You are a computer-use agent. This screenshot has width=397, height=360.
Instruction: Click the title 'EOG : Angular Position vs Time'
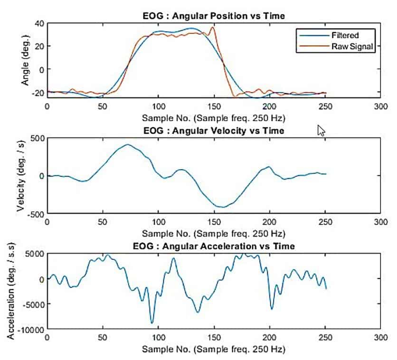214,16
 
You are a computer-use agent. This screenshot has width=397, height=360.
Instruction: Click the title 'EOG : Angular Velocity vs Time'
214,131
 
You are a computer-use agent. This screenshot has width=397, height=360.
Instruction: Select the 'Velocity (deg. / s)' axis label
21,176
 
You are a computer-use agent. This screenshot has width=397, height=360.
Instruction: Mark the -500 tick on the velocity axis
34,214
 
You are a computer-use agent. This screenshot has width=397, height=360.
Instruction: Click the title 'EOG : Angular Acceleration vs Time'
214,246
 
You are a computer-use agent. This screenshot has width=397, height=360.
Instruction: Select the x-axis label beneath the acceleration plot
214,349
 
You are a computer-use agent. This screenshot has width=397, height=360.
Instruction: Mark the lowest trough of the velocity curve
222,207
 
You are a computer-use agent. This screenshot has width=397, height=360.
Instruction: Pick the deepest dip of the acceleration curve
152,323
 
